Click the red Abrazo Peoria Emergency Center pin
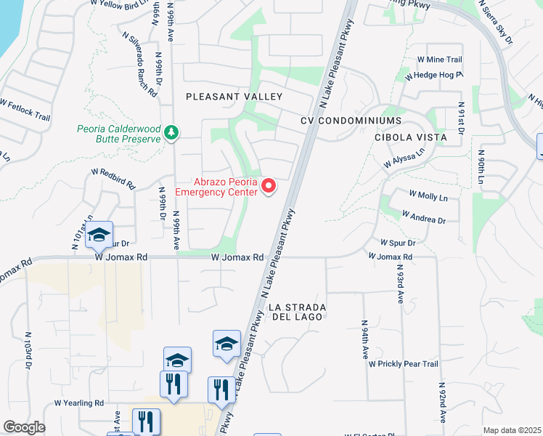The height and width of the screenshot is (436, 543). point(269,187)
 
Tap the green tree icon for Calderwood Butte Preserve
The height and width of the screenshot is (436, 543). point(172,132)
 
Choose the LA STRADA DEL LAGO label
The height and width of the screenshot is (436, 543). point(298,312)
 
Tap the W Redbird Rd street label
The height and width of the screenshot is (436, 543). point(113,179)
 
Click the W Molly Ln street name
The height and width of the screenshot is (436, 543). point(428,195)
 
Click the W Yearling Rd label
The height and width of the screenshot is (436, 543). point(80,403)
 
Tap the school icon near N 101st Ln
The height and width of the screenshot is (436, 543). point(99,234)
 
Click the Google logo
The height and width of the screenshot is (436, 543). point(23,427)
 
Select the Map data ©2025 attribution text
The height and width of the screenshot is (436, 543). point(512,430)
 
